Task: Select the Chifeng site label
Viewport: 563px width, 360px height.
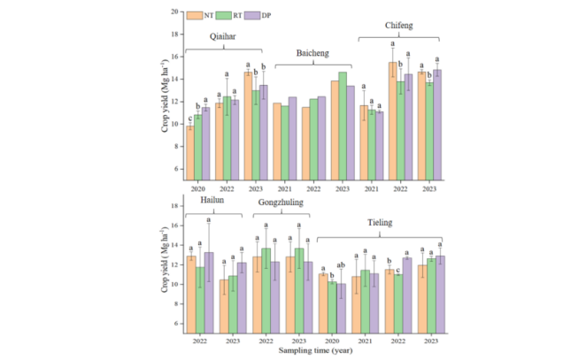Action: [398, 26]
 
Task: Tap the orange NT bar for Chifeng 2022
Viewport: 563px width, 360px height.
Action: [393, 119]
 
